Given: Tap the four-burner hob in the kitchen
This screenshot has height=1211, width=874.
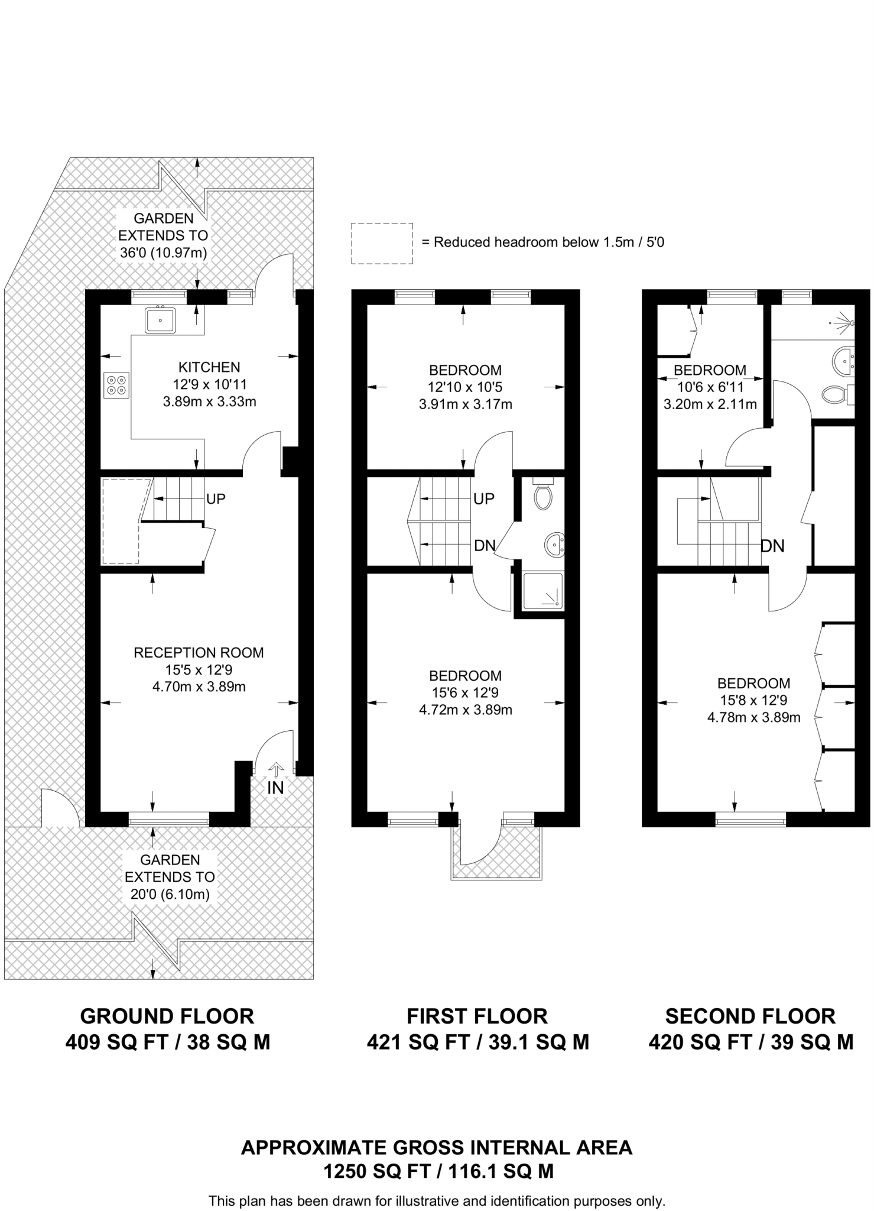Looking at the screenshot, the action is tap(116, 384).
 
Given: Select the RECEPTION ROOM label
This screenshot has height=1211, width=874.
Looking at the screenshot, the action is tap(199, 653).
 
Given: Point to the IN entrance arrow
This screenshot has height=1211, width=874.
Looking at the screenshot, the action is tap(275, 770).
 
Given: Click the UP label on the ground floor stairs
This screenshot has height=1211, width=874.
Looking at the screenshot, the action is tap(216, 499).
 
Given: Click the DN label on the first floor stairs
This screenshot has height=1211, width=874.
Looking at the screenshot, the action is tap(484, 546).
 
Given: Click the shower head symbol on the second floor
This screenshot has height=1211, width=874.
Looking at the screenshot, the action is tap(849, 323).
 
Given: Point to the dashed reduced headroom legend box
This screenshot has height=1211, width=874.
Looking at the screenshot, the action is tap(382, 243).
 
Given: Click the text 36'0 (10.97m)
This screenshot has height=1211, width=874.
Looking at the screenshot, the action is tap(163, 253).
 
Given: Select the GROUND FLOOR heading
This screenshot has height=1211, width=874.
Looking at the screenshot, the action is tap(167, 1016).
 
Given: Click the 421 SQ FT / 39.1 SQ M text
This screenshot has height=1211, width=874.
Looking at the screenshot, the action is tap(477, 1042).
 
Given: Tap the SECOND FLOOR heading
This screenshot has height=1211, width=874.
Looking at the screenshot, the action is tap(750, 1016).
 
